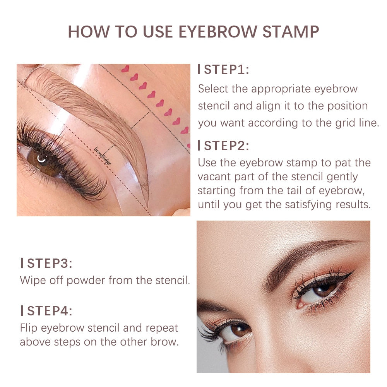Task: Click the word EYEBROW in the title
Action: (219, 31)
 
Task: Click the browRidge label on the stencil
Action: (103, 156)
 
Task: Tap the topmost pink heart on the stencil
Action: (125, 69)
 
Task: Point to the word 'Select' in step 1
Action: (213, 89)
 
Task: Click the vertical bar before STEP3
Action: (22, 264)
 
